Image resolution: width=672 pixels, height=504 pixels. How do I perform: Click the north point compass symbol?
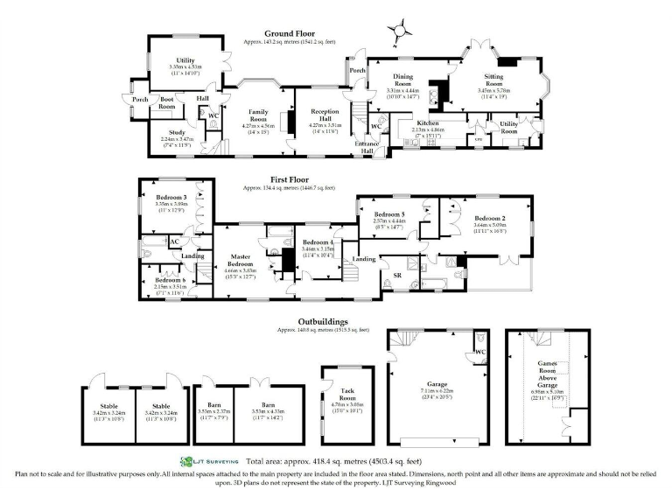[x=401, y=30]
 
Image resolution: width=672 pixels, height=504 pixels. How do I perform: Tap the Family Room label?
[x=259, y=113]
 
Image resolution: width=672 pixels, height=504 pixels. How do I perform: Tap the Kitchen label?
[x=428, y=123]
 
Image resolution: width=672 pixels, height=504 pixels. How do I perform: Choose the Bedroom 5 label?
[x=390, y=214]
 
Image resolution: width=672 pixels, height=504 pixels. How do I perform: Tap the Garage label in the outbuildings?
[x=435, y=382]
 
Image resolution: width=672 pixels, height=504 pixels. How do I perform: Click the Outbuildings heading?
[x=325, y=321]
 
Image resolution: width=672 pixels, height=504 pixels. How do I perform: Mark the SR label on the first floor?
[x=397, y=275]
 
